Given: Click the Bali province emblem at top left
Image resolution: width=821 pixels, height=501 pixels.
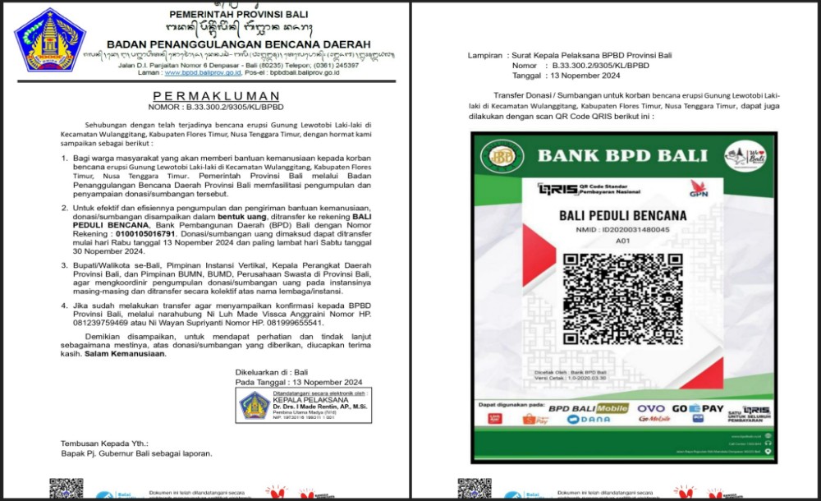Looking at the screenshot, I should click(49, 39).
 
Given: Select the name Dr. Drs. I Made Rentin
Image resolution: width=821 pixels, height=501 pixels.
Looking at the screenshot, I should click(319, 407).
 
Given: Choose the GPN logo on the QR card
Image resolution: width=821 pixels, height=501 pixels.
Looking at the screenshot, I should click(698, 189).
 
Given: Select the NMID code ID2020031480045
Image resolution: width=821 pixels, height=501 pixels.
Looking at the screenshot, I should click(623, 230).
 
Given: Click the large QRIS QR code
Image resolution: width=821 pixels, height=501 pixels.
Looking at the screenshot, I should click(623, 299).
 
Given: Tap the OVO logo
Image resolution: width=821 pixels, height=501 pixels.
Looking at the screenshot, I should click(650, 408).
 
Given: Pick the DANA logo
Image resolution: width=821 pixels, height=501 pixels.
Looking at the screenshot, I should click(588, 420).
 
